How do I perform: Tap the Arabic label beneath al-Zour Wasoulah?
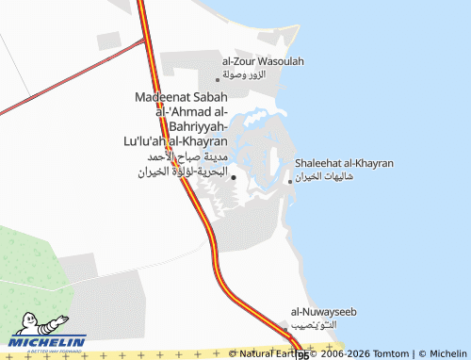click(245, 73)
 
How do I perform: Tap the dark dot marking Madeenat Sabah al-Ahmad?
click(234, 176)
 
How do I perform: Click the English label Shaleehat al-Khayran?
click(344, 164)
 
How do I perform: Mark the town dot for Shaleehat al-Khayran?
click(290, 182)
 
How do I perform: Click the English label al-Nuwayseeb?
click(324, 312)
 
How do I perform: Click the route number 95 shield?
click(302, 355)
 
